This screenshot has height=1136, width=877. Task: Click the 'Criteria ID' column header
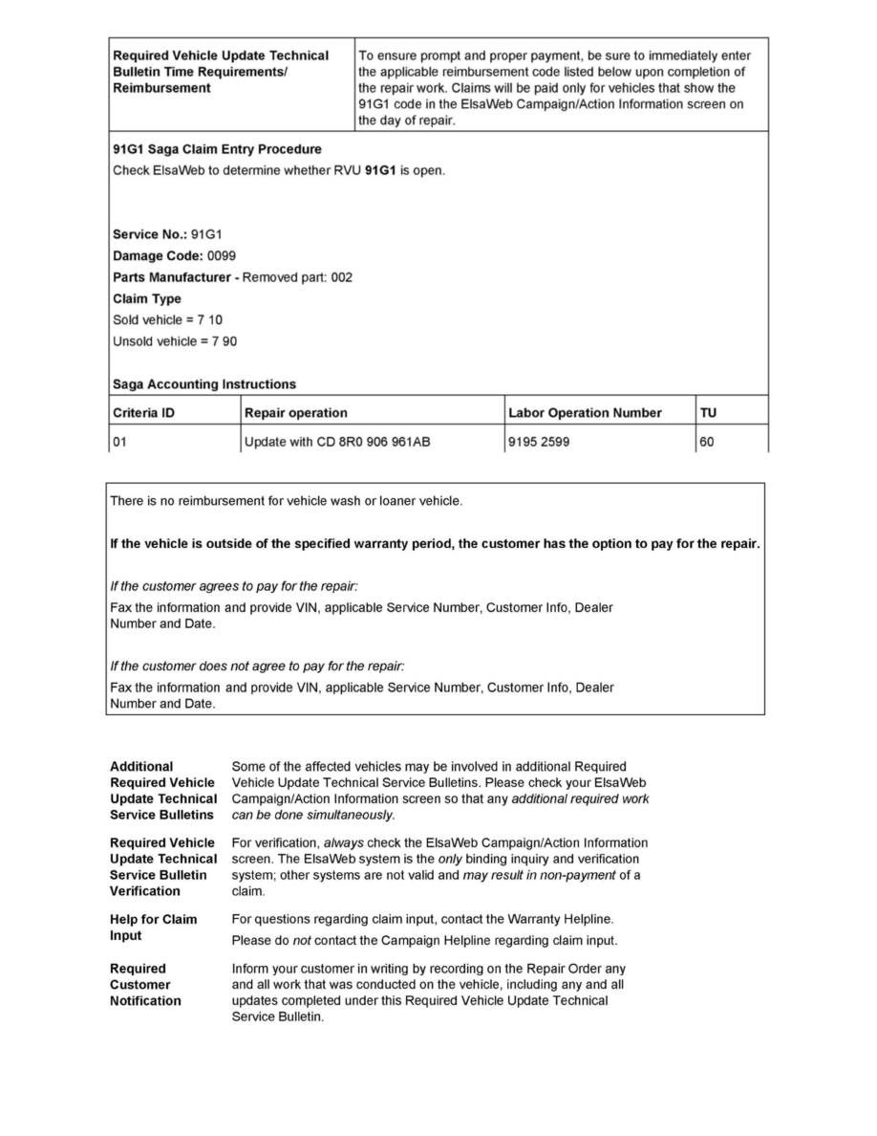coord(143,413)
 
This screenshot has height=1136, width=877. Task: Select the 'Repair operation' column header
coord(296,413)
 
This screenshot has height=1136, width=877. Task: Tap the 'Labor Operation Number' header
coord(585,413)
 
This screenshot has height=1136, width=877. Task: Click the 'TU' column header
coord(709,413)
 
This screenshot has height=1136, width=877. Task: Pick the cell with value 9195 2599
coord(539,442)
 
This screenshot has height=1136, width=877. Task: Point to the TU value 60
coord(707,442)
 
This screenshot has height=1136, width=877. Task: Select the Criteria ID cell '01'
coord(120,442)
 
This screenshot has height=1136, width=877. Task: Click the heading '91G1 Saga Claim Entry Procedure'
coord(217,149)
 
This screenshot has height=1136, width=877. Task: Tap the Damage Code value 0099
coord(222,256)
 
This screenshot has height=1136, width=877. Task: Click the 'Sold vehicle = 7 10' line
coord(167,319)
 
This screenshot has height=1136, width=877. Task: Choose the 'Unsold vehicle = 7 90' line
coord(174,341)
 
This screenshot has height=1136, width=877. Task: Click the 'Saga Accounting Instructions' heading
coord(204,384)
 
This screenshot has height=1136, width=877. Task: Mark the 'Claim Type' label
coord(147,298)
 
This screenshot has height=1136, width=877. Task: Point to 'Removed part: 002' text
coord(297,277)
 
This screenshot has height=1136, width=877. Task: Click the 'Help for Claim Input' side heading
coord(153,928)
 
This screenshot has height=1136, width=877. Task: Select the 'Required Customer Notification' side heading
coord(145,985)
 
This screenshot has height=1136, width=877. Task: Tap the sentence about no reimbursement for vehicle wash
coord(287,501)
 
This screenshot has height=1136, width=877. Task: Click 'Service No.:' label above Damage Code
coord(150,234)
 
